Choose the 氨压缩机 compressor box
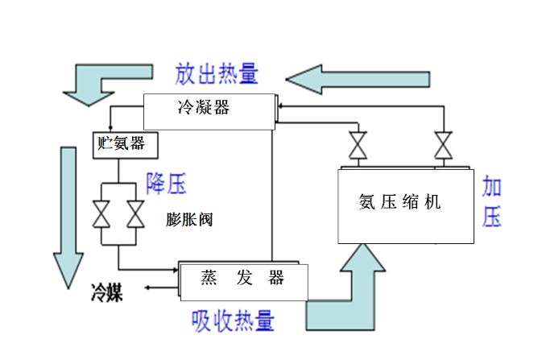[x=406, y=205]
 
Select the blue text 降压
[x=166, y=184]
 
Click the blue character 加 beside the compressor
[x=492, y=188]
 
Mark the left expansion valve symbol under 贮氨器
[x=102, y=215]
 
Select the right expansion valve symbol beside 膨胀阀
[x=135, y=215]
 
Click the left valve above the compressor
[x=355, y=147]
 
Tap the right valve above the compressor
[x=442, y=147]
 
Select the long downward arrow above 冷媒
[x=67, y=213]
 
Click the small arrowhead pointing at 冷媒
[x=149, y=286]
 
